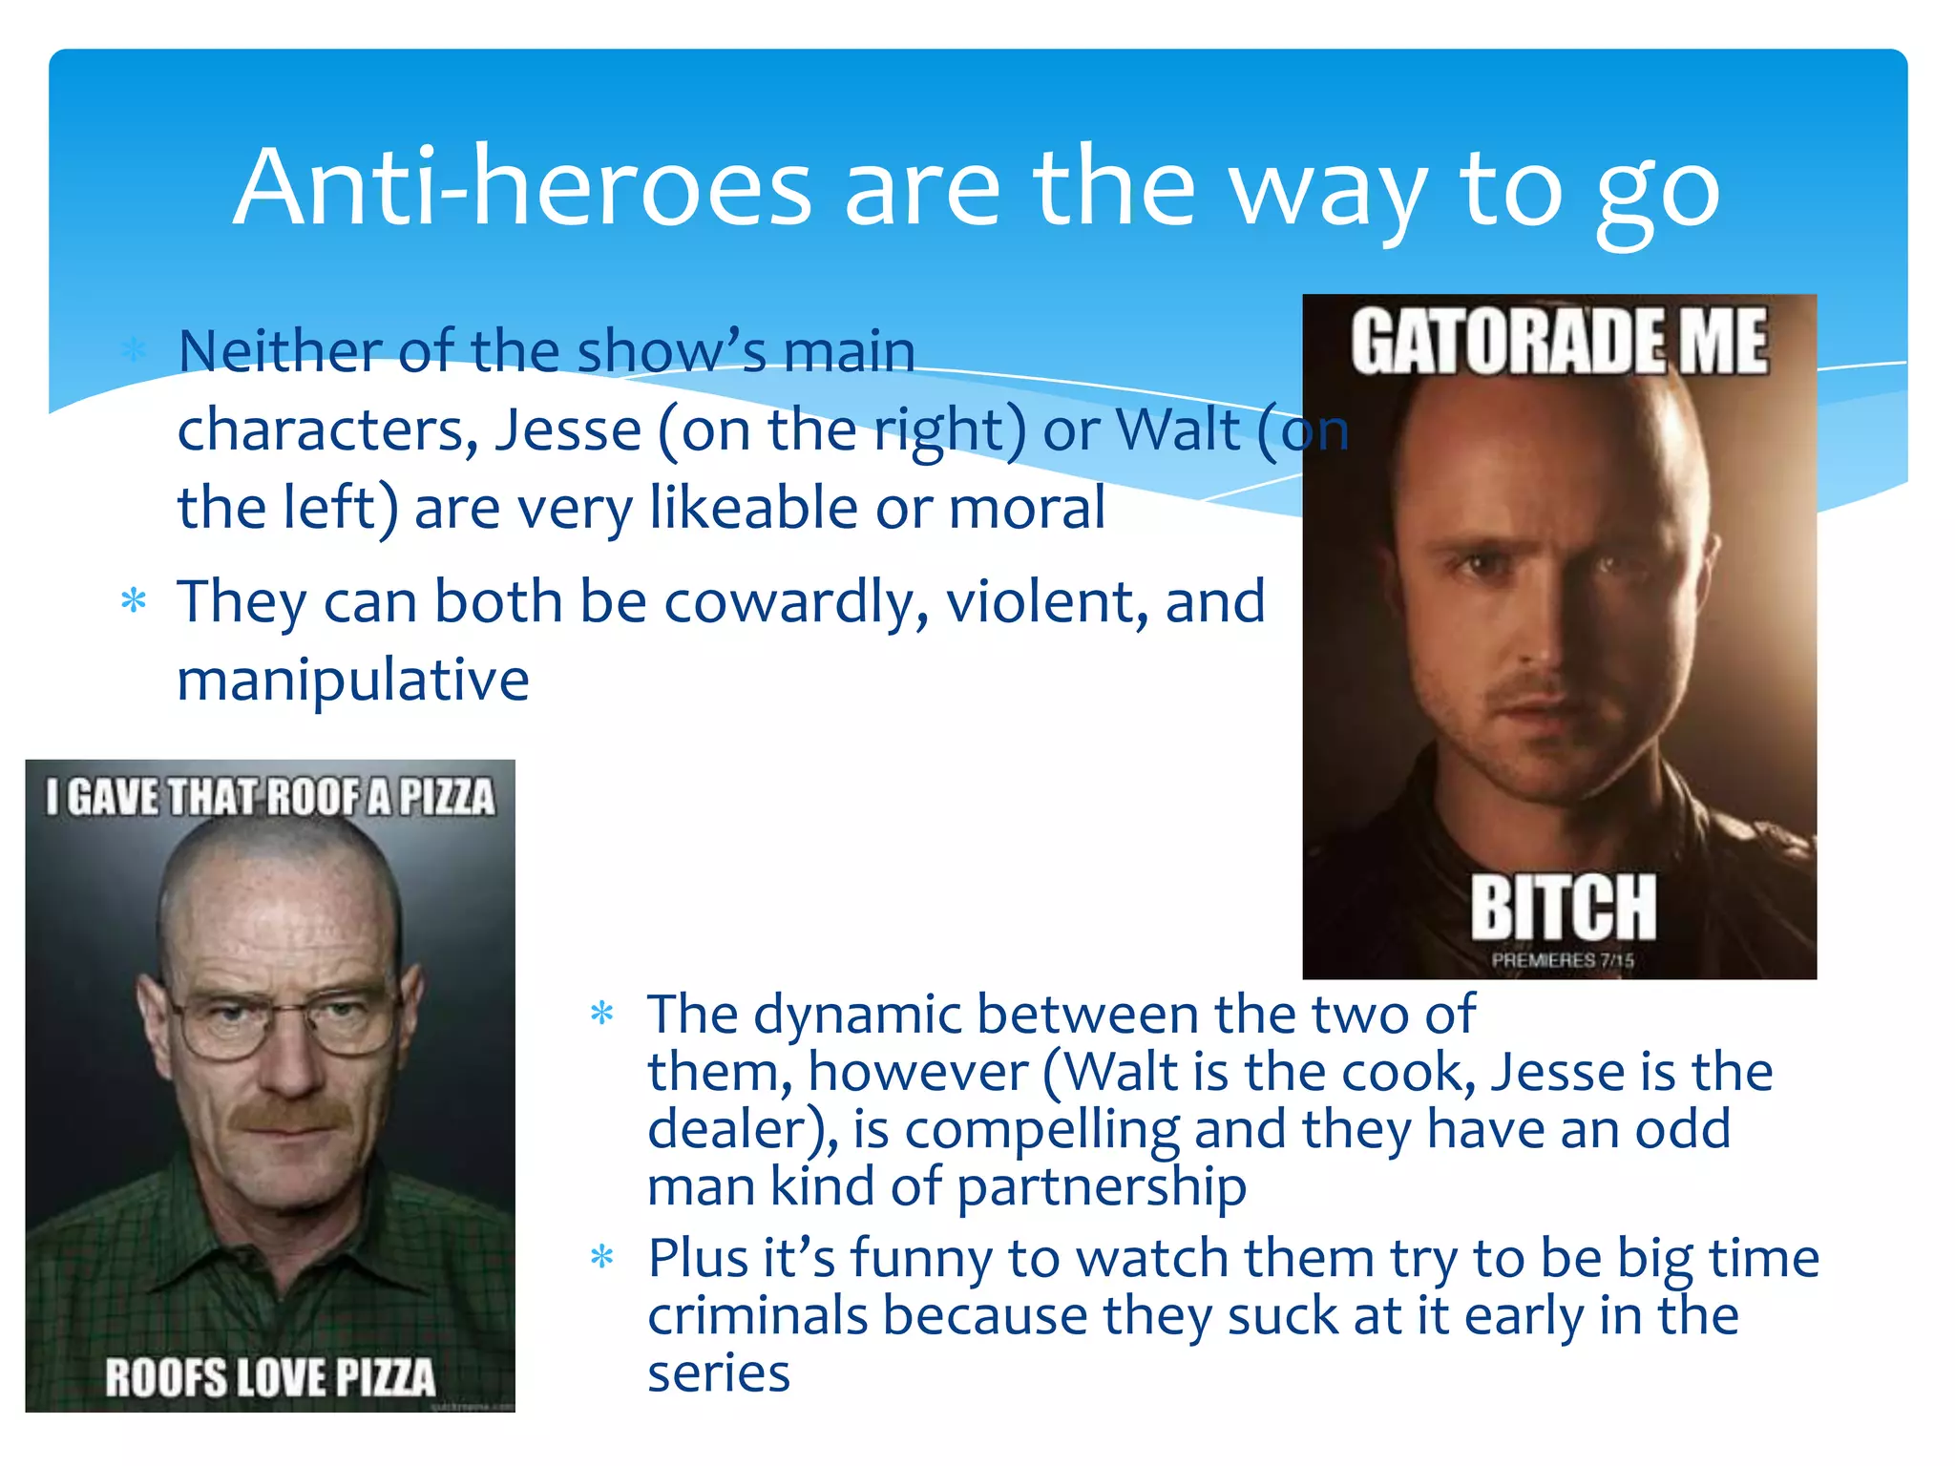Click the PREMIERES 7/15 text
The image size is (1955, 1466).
[1563, 960]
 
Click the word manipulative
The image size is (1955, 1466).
[353, 681]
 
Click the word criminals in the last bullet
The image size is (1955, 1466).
[757, 1316]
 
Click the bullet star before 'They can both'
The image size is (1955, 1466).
[134, 601]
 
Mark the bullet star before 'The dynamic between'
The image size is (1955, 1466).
[602, 1013]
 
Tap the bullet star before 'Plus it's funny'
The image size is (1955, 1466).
[602, 1257]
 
